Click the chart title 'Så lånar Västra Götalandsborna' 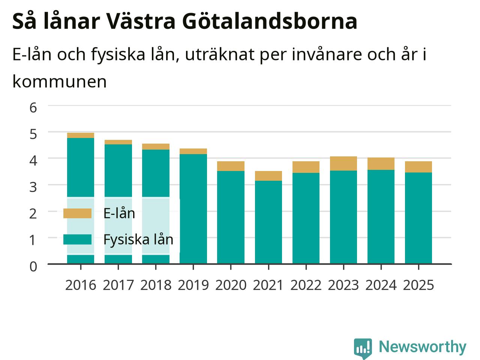(x=185, y=21)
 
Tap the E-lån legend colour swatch (x=77, y=213)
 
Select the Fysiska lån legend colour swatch (x=77, y=239)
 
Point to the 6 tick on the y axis (x=33, y=108)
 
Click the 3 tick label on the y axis (x=33, y=187)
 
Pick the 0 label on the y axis (x=33, y=267)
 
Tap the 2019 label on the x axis (x=193, y=285)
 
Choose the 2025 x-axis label (x=418, y=285)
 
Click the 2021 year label (x=268, y=285)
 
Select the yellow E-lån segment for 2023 (x=343, y=163)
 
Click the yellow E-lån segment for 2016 (x=81, y=135)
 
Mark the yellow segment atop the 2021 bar (x=268, y=176)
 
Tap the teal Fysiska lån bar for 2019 (x=193, y=209)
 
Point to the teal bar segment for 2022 (x=306, y=218)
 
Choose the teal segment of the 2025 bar (x=418, y=218)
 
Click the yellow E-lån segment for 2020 (x=231, y=166)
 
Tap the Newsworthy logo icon (x=363, y=348)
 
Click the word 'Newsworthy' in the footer (x=423, y=347)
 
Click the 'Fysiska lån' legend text (x=138, y=240)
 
